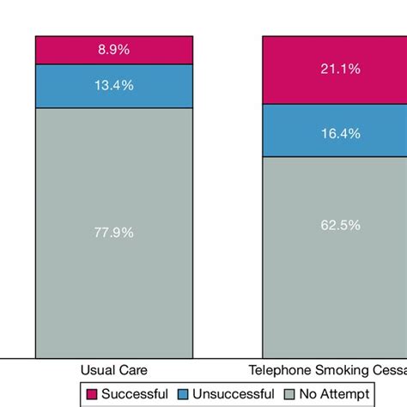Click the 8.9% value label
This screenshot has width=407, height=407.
(x=114, y=50)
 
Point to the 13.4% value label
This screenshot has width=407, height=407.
(x=114, y=86)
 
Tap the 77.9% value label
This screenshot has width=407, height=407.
(x=114, y=232)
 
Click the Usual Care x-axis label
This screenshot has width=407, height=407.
(x=114, y=370)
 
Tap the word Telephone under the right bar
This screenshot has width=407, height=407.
(x=277, y=370)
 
